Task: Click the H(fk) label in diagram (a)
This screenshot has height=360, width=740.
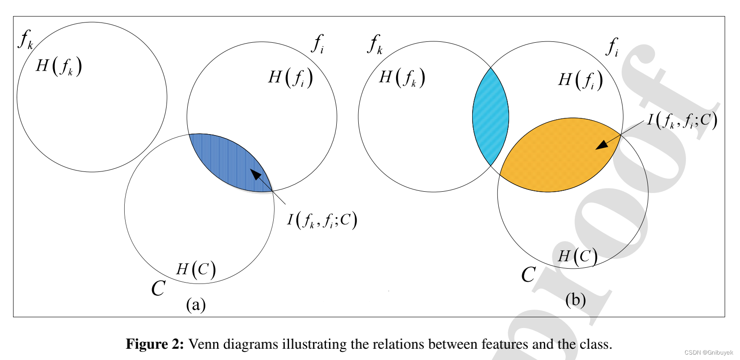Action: [59, 67]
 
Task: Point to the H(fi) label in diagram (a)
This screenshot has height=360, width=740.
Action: [290, 77]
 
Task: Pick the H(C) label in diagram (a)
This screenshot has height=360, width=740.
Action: [196, 270]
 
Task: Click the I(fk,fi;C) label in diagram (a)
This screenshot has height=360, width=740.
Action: [322, 220]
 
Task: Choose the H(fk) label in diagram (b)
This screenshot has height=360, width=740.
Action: [402, 78]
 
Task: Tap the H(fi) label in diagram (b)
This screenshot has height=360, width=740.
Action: [580, 80]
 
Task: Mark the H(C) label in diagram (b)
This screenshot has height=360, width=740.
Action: [578, 256]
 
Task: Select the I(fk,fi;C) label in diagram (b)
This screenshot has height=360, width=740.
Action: [682, 120]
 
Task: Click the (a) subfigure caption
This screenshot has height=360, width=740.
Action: [196, 305]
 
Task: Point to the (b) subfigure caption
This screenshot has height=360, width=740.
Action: [575, 300]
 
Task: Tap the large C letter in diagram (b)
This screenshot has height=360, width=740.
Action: [528, 274]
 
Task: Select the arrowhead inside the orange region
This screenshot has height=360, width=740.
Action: [601, 145]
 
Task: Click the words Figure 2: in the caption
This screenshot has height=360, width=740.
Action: [155, 344]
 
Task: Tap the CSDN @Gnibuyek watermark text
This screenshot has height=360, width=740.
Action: [708, 353]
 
